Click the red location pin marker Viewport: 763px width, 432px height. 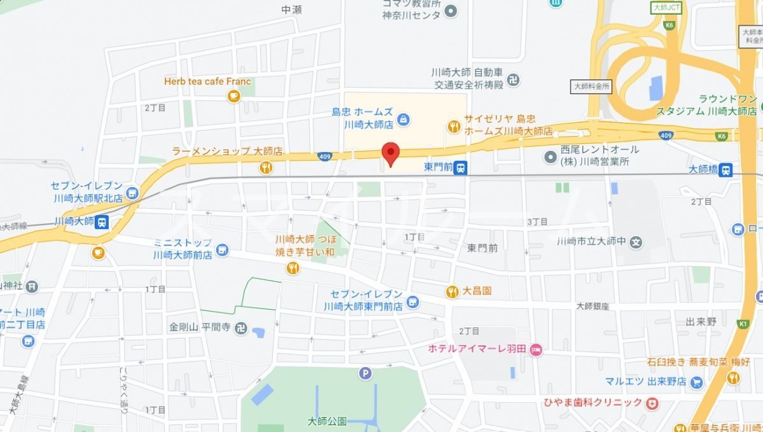pyautogui.click(x=390, y=153)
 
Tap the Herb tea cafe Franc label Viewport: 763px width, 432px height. pyautogui.click(x=207, y=81)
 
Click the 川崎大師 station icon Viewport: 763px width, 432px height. pyautogui.click(x=102, y=222)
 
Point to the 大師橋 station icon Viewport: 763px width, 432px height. pyautogui.click(x=726, y=170)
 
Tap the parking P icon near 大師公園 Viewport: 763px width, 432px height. pyautogui.click(x=365, y=374)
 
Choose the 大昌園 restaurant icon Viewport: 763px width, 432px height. pyautogui.click(x=452, y=292)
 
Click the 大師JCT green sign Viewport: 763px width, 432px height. pyautogui.click(x=666, y=8)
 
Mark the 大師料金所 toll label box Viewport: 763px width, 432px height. pyautogui.click(x=591, y=85)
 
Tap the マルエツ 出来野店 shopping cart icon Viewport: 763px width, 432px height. pyautogui.click(x=697, y=382)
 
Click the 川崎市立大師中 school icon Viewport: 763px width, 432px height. pyautogui.click(x=636, y=242)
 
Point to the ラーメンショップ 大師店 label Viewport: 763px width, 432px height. pyautogui.click(x=227, y=151)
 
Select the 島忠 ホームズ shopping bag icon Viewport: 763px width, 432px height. pyautogui.click(x=403, y=118)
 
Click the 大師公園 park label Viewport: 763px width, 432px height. pyautogui.click(x=326, y=421)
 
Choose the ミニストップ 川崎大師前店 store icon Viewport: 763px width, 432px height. pyautogui.click(x=222, y=249)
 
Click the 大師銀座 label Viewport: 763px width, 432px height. pyautogui.click(x=593, y=306)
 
